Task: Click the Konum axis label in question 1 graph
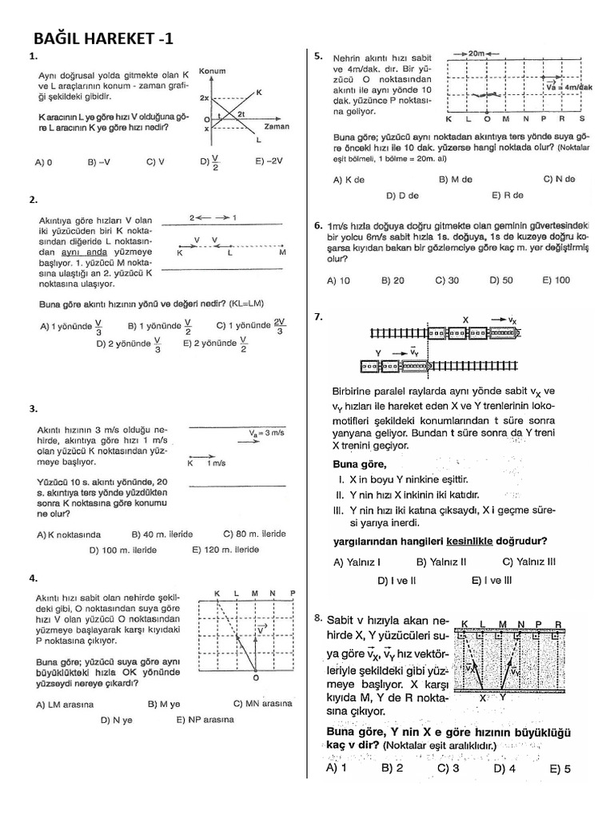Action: pos(212,69)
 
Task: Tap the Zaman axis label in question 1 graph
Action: pos(276,126)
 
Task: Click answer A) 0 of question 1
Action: pos(43,161)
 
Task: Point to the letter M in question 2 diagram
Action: pos(282,253)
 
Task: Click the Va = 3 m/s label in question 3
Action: pos(267,432)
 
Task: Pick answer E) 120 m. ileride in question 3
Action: pos(225,550)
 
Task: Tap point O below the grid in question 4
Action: pos(255,678)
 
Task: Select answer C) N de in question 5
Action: pos(559,179)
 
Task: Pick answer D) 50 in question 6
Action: pos(500,280)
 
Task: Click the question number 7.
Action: pos(318,316)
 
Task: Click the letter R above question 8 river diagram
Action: pos(557,623)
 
